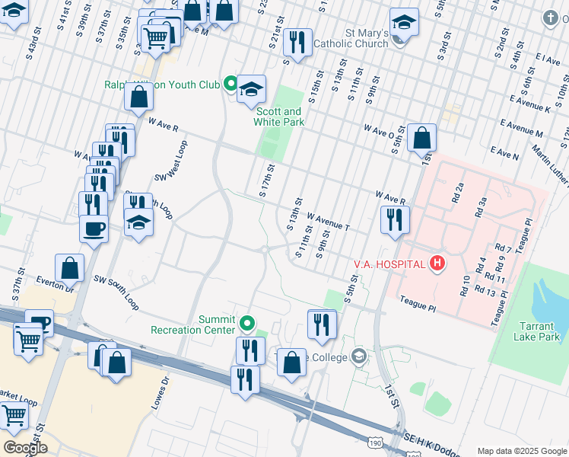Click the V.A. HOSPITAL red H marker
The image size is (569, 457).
pyautogui.click(x=437, y=264)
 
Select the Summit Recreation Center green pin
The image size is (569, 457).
pyautogui.click(x=247, y=324)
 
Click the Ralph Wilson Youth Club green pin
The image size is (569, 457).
pyautogui.click(x=230, y=85)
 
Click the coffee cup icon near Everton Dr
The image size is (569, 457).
pyautogui.click(x=94, y=228)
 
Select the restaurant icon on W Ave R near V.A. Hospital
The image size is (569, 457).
pyautogui.click(x=395, y=220)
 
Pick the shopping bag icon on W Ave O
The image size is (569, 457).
pyautogui.click(x=421, y=139)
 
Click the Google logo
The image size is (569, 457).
pyautogui.click(x=24, y=447)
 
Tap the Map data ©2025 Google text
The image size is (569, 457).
pyautogui.click(x=520, y=451)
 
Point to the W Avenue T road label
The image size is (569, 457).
pyautogui.click(x=329, y=222)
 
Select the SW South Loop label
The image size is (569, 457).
pyautogui.click(x=117, y=292)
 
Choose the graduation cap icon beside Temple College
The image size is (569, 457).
pyautogui.click(x=358, y=356)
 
